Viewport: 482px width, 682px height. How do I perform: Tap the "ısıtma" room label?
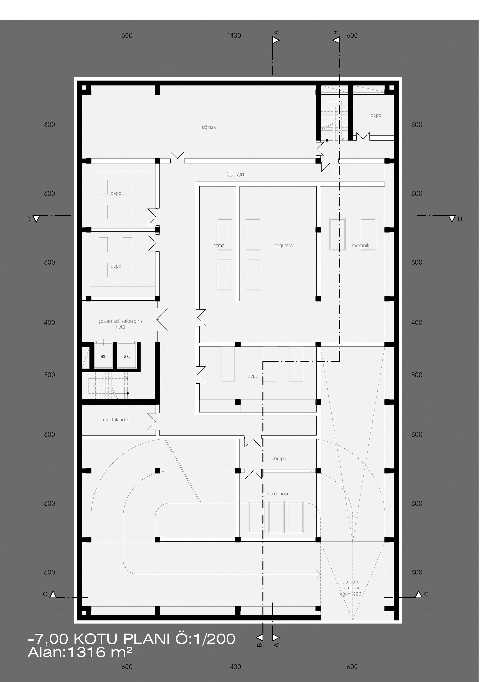point(218,246)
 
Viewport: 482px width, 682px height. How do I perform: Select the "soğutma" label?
point(283,246)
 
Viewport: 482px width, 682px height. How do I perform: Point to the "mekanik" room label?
point(360,246)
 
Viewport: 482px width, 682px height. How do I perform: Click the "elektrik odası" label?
point(116,420)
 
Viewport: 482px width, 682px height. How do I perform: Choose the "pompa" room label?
point(279,459)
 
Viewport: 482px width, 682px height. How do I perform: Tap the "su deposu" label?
point(279,494)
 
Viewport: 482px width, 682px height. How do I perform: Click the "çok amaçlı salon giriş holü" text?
point(120,324)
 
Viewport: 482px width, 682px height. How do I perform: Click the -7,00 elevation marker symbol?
point(230,174)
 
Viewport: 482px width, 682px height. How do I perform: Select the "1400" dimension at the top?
point(234,36)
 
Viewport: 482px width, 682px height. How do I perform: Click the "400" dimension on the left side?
point(49,323)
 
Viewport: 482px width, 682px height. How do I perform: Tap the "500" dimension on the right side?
point(416,375)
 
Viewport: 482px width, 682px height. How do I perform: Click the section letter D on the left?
point(28,219)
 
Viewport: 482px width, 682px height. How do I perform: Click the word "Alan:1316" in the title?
point(67,652)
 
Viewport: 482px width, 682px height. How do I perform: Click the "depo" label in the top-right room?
point(376,115)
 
